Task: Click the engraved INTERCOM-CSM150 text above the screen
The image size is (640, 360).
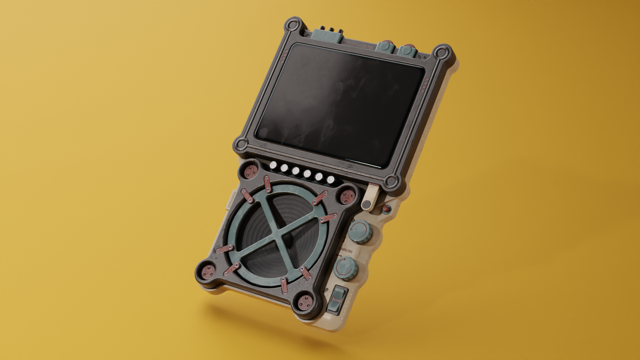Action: coord(358,45)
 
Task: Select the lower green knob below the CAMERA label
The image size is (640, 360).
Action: coord(345,268)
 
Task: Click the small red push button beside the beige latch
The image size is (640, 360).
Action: coord(386,209)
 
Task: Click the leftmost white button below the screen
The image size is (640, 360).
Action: coord(274,165)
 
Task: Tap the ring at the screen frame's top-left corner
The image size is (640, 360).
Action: coord(294,26)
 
